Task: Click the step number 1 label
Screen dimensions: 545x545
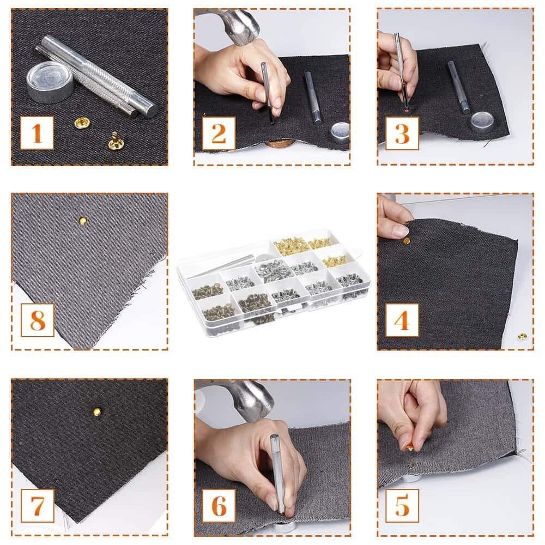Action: click(37, 133)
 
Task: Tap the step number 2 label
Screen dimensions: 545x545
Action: click(219, 133)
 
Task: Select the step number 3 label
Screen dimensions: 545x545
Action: click(402, 133)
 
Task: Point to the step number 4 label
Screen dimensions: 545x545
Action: click(402, 320)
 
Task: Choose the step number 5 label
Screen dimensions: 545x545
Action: click(402, 506)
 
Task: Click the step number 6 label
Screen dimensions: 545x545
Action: click(219, 506)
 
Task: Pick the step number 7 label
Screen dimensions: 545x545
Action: click(37, 506)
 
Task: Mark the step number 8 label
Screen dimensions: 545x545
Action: click(37, 320)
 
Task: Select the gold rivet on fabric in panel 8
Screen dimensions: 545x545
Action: click(82, 221)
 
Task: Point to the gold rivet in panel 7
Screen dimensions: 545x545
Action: click(96, 412)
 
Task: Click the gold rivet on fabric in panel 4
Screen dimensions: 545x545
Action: click(406, 240)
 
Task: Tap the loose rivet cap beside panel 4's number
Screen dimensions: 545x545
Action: click(522, 336)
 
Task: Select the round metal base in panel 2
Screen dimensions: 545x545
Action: click(340, 132)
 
